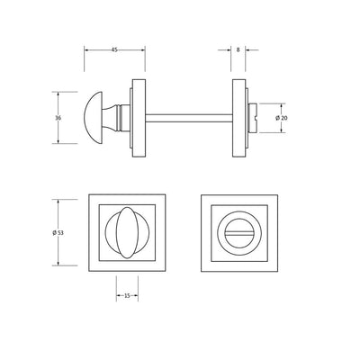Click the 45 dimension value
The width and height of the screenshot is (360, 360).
click(x=114, y=49)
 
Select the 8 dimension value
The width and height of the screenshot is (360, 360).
click(x=238, y=49)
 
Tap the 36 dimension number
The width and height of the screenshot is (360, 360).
click(x=58, y=118)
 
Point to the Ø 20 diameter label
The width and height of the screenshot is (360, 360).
click(x=282, y=118)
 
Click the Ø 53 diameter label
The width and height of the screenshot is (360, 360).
click(x=58, y=232)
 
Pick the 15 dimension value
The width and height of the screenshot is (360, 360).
click(x=127, y=296)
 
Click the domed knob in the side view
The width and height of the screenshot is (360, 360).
click(x=93, y=118)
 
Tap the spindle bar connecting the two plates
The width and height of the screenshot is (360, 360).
click(x=189, y=118)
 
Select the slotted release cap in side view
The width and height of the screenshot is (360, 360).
click(x=253, y=118)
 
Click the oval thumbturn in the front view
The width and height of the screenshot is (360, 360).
click(x=127, y=232)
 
